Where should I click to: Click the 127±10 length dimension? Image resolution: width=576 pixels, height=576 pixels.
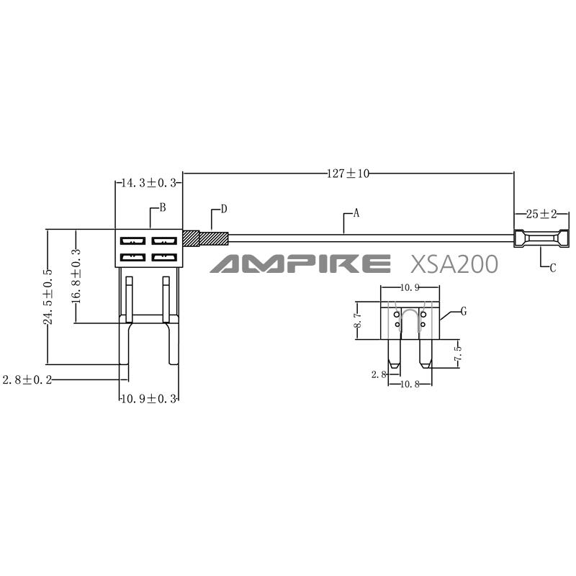click(x=348, y=174)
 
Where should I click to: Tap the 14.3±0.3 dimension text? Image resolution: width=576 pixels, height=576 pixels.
click(x=149, y=183)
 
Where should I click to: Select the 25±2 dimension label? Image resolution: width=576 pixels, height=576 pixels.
click(x=541, y=214)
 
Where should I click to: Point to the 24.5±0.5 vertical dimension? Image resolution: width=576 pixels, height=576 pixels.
click(x=48, y=297)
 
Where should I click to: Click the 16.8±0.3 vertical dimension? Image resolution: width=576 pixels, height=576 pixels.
click(x=76, y=276)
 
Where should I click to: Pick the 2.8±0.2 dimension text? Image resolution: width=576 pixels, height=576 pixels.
click(x=27, y=379)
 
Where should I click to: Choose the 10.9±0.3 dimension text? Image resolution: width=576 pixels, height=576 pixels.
click(x=149, y=398)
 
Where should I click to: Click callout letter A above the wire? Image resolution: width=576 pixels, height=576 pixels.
click(x=356, y=213)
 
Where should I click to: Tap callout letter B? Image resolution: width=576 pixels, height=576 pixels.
click(x=163, y=207)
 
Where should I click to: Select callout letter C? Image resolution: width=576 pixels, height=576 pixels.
click(x=553, y=268)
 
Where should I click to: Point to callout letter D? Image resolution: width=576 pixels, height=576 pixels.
click(x=224, y=209)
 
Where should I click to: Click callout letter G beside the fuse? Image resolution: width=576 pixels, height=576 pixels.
click(x=464, y=312)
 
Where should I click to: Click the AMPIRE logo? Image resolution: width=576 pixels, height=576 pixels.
click(x=300, y=264)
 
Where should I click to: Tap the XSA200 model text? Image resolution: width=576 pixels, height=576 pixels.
click(x=454, y=264)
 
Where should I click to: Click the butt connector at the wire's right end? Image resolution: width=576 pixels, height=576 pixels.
click(x=541, y=238)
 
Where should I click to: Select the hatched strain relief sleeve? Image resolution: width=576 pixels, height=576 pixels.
click(x=206, y=238)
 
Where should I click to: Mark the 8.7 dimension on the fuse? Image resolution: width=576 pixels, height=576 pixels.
click(x=359, y=320)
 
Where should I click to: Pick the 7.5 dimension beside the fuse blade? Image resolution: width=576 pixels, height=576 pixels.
click(x=458, y=353)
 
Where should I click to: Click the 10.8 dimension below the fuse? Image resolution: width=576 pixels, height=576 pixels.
click(x=410, y=384)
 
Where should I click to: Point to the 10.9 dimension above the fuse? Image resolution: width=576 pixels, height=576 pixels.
click(x=410, y=287)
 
